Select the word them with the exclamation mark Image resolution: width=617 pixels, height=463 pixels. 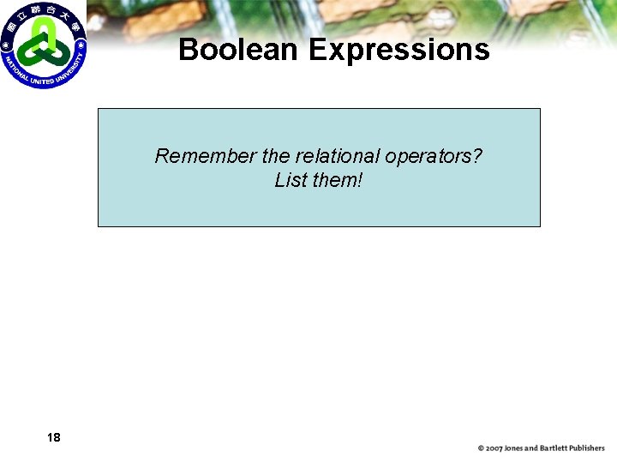pos(338,180)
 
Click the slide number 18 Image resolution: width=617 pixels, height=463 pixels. pos(54,437)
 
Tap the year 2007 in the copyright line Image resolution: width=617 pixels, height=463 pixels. pos(494,448)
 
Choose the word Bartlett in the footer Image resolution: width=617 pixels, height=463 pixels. pos(557,448)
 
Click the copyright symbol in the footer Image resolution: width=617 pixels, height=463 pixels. pos(482,448)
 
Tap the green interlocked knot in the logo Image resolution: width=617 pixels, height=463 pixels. pos(43,43)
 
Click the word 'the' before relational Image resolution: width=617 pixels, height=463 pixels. pos(276,156)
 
